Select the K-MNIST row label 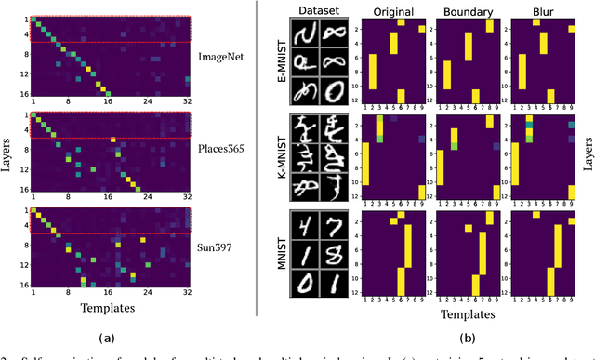[275, 158]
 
